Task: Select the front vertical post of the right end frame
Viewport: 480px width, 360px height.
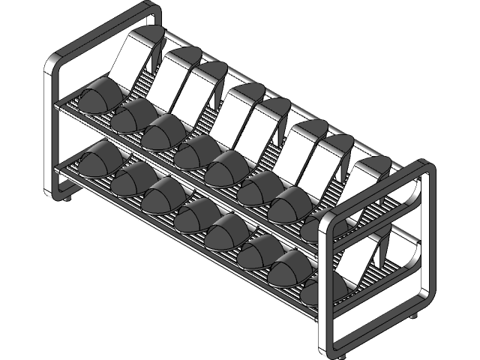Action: click(x=327, y=285)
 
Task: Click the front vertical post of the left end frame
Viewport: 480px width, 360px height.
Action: click(x=52, y=127)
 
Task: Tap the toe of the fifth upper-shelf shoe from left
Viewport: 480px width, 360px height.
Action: click(x=226, y=169)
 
